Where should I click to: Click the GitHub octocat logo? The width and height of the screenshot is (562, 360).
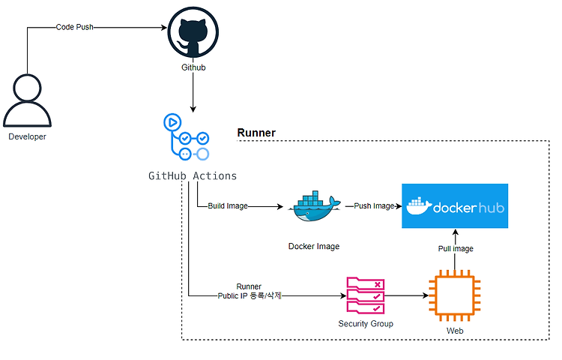click(x=193, y=32)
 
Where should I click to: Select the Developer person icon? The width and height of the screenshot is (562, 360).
click(x=27, y=100)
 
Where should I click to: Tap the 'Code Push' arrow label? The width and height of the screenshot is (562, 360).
click(x=74, y=27)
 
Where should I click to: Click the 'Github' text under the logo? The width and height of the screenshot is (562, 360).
click(x=193, y=67)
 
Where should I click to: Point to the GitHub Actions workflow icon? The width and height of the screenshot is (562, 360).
click(x=187, y=137)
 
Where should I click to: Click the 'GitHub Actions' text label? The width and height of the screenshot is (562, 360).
click(x=193, y=175)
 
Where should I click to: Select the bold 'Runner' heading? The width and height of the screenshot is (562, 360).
click(x=256, y=133)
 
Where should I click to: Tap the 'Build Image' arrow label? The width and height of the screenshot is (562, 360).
click(x=228, y=205)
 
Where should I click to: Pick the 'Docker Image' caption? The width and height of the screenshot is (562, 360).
click(x=314, y=246)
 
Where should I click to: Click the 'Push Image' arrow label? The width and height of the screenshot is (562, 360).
click(x=374, y=205)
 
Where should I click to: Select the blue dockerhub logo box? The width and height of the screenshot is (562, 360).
click(x=455, y=205)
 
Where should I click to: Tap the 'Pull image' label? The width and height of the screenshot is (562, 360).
click(x=456, y=248)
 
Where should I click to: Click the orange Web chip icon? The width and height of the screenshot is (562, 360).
click(x=455, y=295)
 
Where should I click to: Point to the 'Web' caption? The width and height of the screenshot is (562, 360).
click(x=455, y=331)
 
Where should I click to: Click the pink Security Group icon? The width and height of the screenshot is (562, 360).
click(x=366, y=295)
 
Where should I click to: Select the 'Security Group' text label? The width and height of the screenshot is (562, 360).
click(x=366, y=324)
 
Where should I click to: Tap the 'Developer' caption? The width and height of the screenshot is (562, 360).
click(x=27, y=136)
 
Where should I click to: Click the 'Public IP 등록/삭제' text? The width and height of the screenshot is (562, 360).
click(x=250, y=295)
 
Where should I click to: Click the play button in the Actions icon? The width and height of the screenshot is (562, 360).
click(x=172, y=123)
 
